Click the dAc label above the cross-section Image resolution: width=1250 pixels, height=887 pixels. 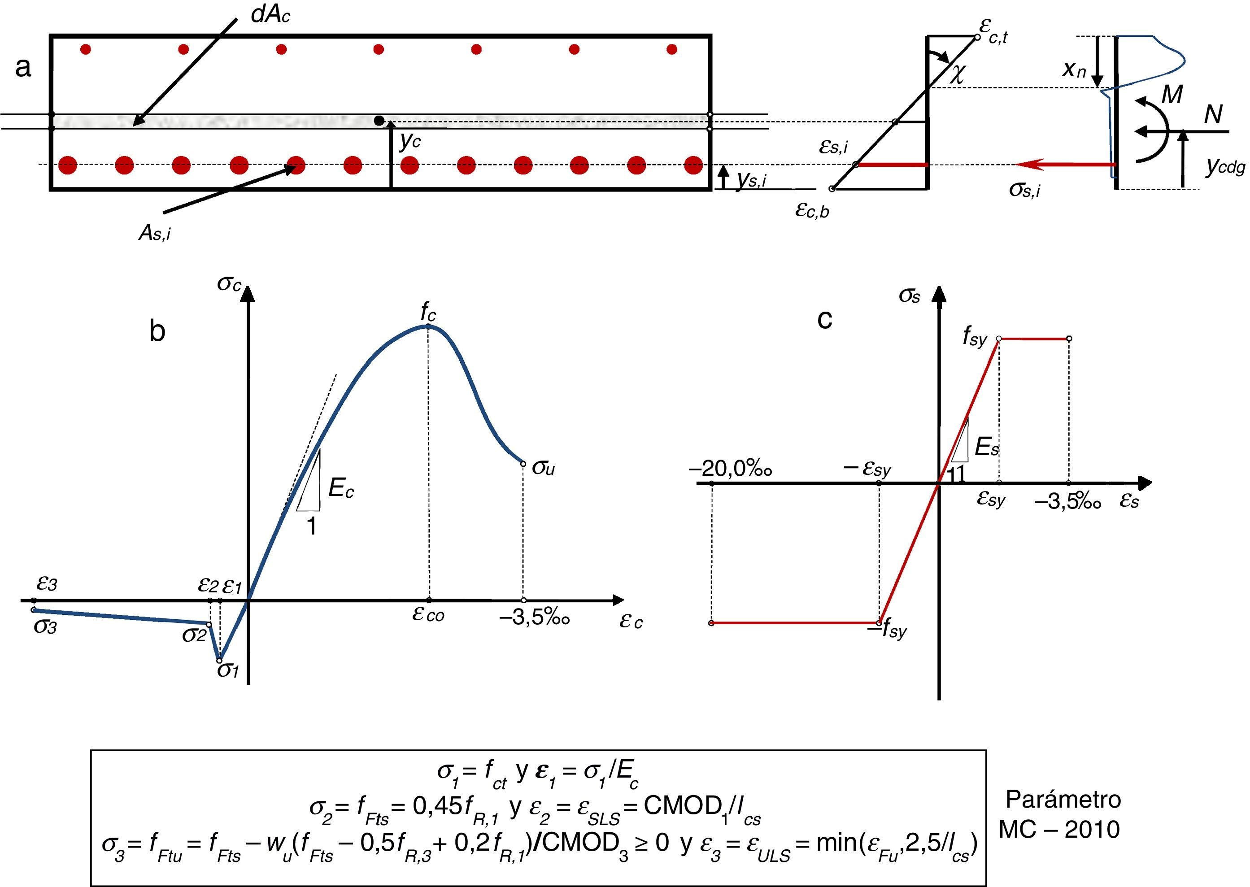click(x=270, y=14)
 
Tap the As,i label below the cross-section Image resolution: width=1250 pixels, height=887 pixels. click(x=155, y=233)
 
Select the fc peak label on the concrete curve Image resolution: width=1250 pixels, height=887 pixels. click(x=428, y=312)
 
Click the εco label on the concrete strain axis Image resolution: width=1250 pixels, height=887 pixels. click(x=428, y=614)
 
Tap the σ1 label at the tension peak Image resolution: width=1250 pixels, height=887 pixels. click(x=228, y=670)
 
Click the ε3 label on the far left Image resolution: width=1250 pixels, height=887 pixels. click(x=47, y=584)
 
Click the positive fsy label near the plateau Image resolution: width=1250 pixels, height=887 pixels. click(x=975, y=338)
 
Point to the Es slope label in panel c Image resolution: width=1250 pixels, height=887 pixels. click(x=987, y=448)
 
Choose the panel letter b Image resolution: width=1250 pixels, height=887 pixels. click(x=157, y=331)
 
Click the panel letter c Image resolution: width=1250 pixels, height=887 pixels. click(x=824, y=319)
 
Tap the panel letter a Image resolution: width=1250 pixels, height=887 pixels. click(x=23, y=68)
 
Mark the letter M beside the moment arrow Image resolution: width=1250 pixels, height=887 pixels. click(x=1172, y=95)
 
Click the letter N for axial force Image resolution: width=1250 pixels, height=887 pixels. click(x=1213, y=115)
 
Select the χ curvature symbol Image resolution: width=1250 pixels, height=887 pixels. click(x=957, y=75)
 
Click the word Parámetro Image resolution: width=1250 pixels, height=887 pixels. click(x=1063, y=800)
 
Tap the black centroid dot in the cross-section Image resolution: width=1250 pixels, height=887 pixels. click(x=379, y=120)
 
